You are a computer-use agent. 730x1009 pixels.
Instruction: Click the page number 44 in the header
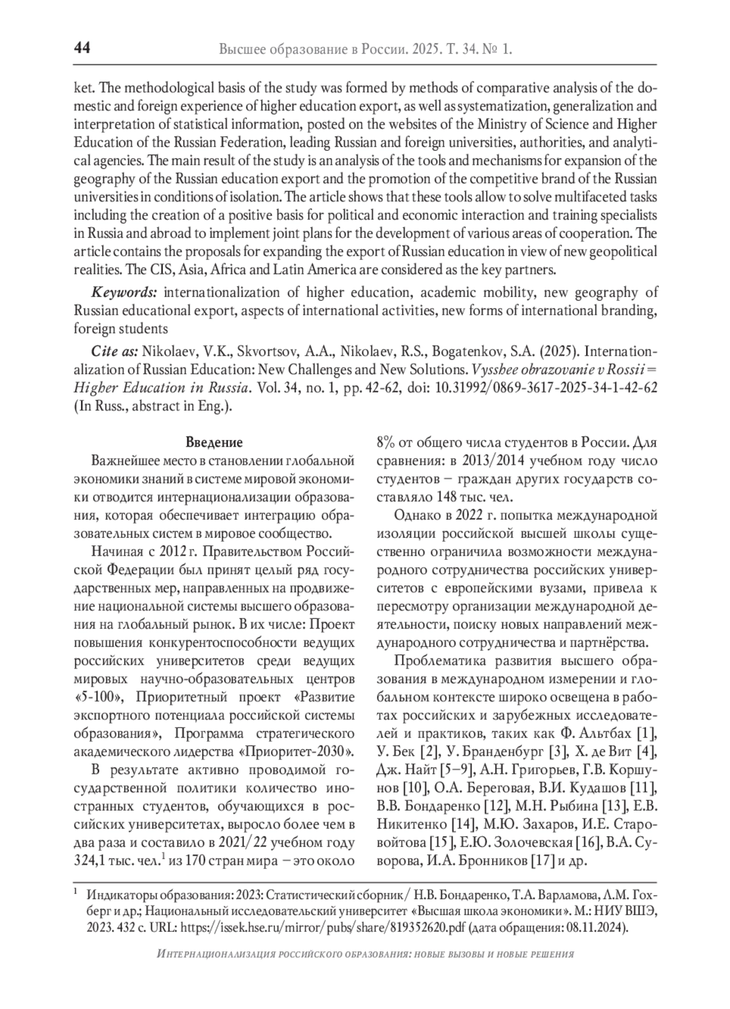pyautogui.click(x=82, y=48)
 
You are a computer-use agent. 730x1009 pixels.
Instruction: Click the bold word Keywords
pyautogui.click(x=124, y=293)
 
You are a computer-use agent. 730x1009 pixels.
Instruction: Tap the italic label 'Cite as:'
pyautogui.click(x=116, y=352)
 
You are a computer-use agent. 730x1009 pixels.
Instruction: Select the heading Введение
pyautogui.click(x=214, y=442)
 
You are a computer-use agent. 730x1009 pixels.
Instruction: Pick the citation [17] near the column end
pyautogui.click(x=541, y=861)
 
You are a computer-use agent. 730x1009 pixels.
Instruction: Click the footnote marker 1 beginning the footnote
pyautogui.click(x=75, y=892)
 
